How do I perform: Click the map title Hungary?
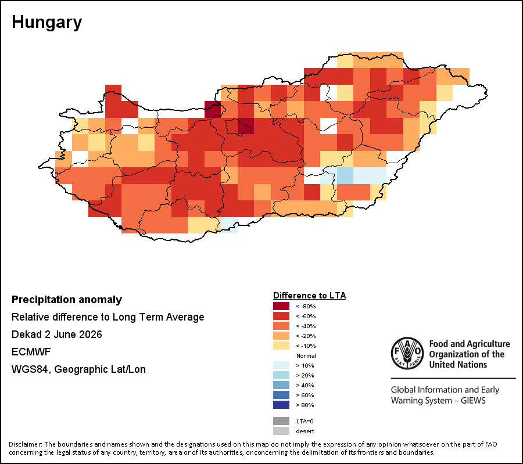46,23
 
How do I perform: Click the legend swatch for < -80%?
281,306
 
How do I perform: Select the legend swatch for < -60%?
281,316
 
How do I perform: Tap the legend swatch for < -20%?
281,336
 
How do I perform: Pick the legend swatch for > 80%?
281,405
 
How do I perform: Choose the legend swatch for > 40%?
281,385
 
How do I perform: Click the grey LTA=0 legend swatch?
281,421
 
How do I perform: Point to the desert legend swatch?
281,431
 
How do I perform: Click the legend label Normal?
306,355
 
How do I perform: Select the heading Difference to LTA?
309,296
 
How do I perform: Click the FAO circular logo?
407,353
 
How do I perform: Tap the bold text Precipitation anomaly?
67,300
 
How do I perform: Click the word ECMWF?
31,352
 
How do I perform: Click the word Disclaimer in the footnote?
25,444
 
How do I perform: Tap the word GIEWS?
473,400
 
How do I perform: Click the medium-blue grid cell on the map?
345,175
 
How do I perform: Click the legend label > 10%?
305,365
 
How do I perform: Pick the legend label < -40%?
306,326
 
